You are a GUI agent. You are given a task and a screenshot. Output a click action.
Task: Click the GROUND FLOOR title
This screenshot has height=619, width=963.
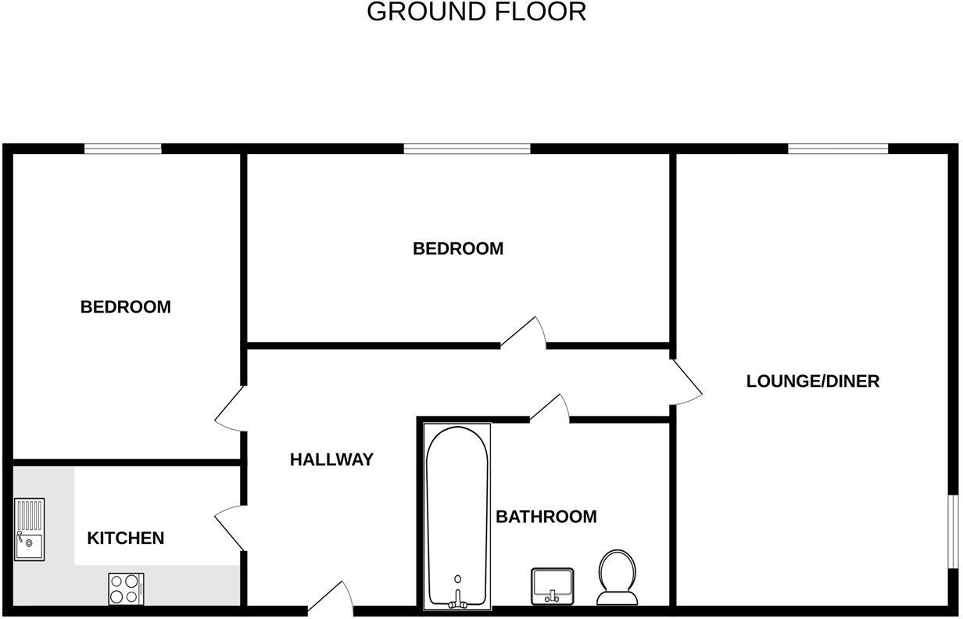476,12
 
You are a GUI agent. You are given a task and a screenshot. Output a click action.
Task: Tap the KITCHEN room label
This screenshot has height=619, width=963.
125,538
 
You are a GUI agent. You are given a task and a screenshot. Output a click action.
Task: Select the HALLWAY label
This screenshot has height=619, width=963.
331,460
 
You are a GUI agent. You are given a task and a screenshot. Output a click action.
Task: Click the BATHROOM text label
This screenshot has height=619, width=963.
546,517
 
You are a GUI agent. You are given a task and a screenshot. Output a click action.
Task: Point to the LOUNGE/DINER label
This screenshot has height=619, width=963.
812,381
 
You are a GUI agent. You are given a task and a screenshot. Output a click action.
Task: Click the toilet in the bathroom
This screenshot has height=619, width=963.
617,578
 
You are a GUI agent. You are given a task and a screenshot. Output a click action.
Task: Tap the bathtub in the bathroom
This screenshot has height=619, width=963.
457,517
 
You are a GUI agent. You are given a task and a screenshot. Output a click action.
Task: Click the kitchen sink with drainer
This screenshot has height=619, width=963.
30,529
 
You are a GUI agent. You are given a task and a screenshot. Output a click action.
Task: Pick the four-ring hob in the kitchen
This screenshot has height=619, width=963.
126,589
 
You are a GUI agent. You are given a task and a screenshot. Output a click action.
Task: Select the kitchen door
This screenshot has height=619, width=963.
230,528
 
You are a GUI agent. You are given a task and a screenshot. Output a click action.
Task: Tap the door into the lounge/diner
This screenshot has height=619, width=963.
686,382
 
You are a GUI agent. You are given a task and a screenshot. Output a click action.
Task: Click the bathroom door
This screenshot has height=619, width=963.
550,409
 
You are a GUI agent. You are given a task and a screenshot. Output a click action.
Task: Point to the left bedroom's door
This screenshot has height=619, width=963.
230,408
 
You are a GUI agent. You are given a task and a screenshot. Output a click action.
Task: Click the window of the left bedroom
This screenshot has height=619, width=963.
123,148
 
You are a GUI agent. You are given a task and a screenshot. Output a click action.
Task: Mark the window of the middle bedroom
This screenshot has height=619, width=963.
467,148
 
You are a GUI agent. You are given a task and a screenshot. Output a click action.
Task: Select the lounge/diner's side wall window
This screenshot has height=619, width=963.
953,531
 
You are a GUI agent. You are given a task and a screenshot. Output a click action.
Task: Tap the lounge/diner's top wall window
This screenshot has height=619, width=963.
837,148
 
